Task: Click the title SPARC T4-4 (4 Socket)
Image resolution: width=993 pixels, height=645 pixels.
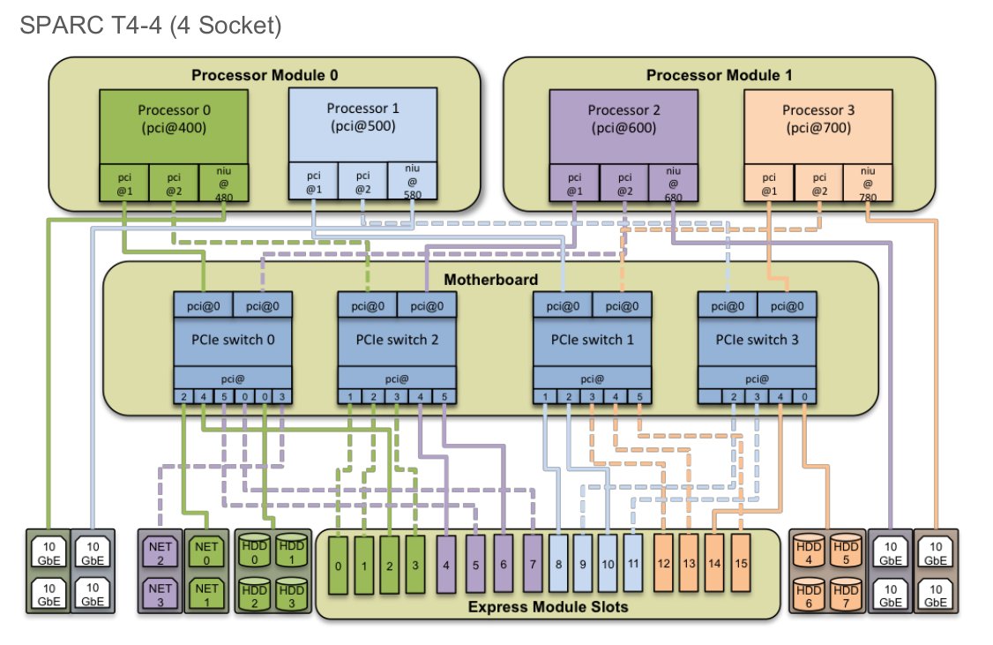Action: [x=150, y=27]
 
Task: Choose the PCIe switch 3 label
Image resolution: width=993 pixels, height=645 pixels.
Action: [x=757, y=340]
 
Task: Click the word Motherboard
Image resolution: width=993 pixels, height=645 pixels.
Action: [x=491, y=281]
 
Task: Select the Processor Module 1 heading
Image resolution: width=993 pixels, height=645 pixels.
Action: [x=719, y=75]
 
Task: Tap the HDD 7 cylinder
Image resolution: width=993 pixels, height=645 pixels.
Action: [x=845, y=590]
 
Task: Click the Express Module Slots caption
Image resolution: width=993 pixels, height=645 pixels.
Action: [x=548, y=606]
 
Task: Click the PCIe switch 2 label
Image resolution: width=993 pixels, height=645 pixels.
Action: [x=397, y=340]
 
